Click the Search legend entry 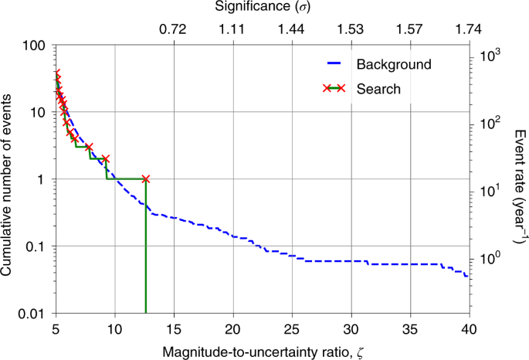pos(378,89)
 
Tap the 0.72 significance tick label pos(173,29)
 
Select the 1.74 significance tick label pos(469,29)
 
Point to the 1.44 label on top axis pos(291,29)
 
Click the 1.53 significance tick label pos(351,29)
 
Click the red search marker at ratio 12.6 pos(145,179)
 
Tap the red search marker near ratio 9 pos(106,158)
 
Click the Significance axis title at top pos(263,8)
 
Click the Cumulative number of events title pos(8,179)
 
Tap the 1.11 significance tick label pos(232,29)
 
